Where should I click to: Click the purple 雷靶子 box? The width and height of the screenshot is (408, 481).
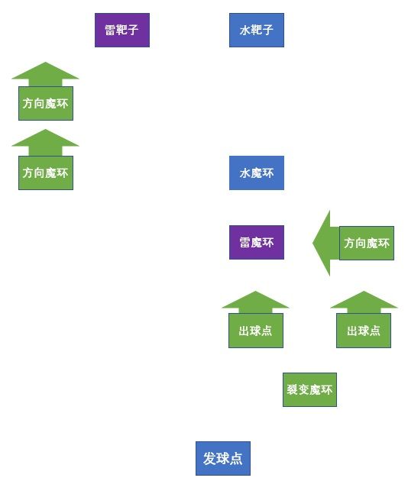pos(121,31)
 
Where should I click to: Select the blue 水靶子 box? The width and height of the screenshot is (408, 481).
pos(257,31)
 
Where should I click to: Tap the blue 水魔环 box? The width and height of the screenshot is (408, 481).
pos(257,173)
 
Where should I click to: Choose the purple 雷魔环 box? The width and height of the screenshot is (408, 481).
pos(257,243)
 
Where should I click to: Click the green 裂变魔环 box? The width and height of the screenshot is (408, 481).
pos(309,390)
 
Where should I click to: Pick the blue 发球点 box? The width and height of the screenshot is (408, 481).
pos(223,459)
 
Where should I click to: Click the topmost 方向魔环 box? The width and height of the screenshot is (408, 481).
pos(46,103)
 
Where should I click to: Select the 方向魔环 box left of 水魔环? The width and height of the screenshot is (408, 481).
pos(46,173)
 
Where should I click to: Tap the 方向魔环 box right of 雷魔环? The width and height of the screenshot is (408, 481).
pos(367,243)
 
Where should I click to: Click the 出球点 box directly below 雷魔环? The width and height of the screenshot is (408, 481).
pos(256,331)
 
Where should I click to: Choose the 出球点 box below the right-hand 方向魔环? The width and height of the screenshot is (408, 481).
pos(364,331)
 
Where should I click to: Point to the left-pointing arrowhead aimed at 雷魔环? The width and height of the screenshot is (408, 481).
pos(322,243)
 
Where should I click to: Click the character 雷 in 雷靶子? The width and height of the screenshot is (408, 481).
pos(110,31)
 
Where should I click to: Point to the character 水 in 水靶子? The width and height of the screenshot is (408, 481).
pos(244,31)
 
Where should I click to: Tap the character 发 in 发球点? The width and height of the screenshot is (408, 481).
pos(209,459)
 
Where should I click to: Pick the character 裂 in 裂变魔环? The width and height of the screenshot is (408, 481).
pos(292,390)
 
